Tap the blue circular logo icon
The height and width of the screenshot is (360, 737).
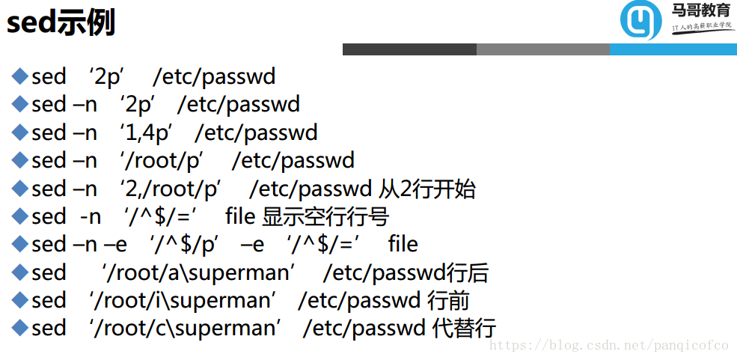(640, 19)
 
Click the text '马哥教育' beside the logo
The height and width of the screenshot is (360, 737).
(700, 10)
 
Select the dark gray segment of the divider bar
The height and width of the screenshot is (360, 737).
(409, 49)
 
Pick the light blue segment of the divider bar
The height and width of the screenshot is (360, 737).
(673, 49)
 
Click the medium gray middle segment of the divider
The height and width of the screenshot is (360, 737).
(542, 49)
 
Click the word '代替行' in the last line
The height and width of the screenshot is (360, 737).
(464, 328)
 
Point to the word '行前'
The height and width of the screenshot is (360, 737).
(448, 300)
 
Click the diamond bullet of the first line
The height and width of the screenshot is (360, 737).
(19, 76)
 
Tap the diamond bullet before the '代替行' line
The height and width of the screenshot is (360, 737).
(19, 327)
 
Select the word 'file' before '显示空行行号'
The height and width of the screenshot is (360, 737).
(240, 217)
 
